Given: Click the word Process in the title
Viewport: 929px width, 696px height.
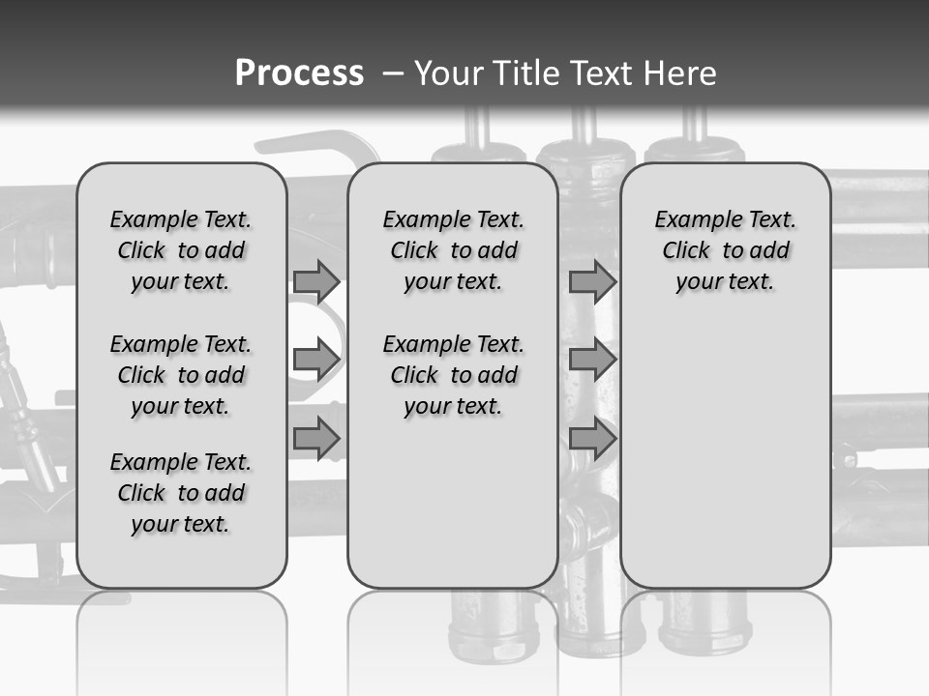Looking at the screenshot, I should tap(299, 72).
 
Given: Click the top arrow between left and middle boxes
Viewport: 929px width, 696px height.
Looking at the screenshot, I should tap(316, 281).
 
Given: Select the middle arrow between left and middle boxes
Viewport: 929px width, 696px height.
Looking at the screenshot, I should tap(316, 360).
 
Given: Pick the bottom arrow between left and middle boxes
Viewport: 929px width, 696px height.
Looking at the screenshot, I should tap(316, 438).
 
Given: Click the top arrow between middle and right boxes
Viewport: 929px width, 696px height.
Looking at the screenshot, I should tap(592, 281).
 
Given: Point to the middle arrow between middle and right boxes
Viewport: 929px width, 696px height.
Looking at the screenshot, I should tap(592, 360).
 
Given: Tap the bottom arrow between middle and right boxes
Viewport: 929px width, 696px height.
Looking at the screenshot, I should tap(592, 438).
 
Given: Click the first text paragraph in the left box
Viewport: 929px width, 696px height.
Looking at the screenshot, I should tap(181, 250).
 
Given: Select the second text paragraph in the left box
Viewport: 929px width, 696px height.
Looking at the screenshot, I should tap(181, 375).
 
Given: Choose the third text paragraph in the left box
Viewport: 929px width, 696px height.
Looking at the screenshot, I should tap(181, 493).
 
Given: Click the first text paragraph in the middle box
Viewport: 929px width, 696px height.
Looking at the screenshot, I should tap(453, 250).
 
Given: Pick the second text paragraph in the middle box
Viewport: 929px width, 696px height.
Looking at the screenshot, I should tap(453, 375).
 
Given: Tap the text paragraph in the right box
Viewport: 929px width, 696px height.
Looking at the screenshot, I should tap(725, 250).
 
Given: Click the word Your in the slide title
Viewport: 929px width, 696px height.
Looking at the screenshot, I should tap(447, 72).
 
